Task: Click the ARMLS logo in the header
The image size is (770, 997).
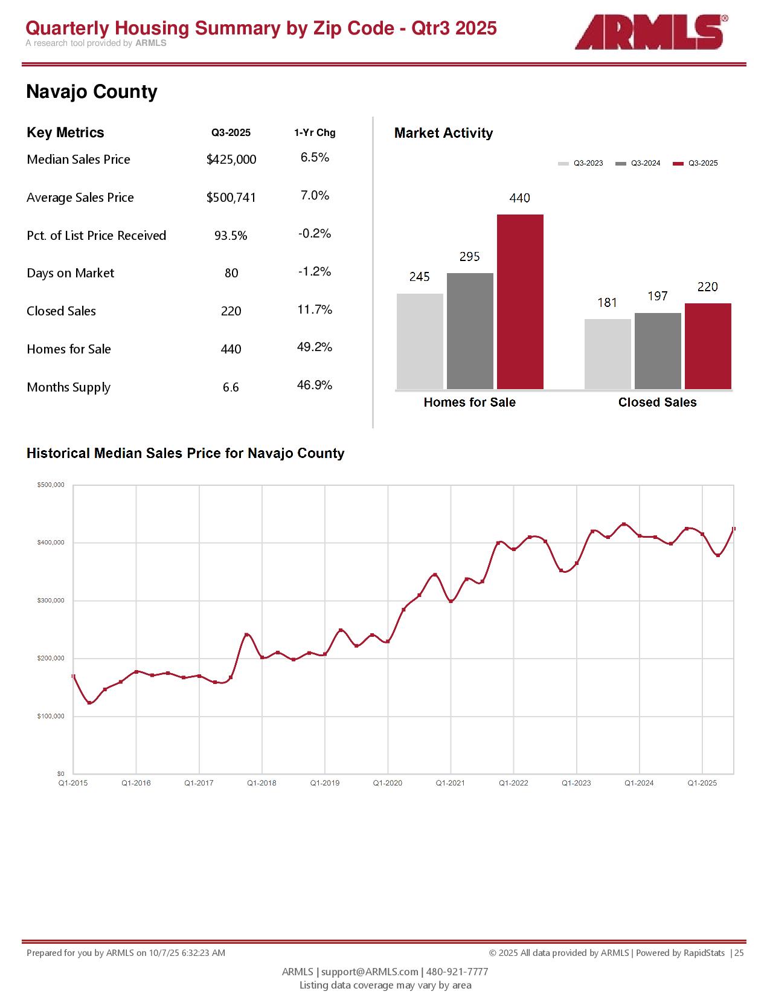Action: (650, 33)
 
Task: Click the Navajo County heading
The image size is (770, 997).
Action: (92, 92)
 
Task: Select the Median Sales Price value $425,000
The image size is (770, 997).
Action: (231, 160)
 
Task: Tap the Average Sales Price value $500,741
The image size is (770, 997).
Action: (231, 198)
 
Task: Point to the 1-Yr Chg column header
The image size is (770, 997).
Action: (315, 133)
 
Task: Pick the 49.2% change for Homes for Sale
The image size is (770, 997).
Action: (315, 347)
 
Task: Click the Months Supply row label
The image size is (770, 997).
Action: (69, 387)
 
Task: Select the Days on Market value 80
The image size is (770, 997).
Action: (231, 273)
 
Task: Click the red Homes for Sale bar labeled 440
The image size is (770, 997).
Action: (520, 302)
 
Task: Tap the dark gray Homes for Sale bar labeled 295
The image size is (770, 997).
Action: (470, 331)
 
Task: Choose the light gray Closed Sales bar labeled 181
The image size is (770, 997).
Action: (608, 354)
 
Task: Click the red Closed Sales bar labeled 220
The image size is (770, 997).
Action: (708, 346)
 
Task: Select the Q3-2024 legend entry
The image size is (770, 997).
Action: (638, 163)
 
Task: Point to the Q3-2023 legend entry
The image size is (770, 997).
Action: (581, 163)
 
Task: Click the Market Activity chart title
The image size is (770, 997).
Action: (443, 134)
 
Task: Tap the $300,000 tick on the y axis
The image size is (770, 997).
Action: (51, 601)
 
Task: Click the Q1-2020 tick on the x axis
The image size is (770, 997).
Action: (388, 783)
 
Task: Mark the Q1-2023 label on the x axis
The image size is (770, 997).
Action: (576, 783)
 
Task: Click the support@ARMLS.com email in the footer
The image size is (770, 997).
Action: (370, 972)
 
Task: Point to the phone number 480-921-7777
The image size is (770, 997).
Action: (457, 972)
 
